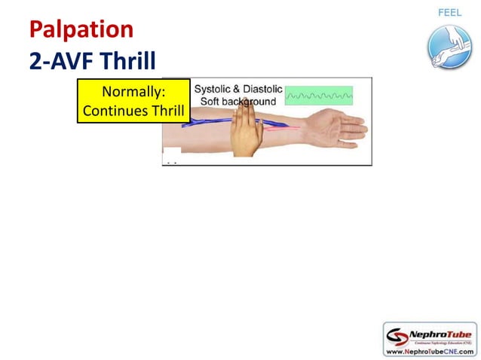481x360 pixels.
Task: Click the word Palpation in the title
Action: pos(81,29)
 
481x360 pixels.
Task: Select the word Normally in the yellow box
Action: pos(133,92)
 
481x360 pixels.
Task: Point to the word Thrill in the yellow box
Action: pos(166,110)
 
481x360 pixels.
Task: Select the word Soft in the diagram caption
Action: pos(212,101)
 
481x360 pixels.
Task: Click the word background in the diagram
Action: pos(251,101)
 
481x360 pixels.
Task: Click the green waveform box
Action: pos(319,96)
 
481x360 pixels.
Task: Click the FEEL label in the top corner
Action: pos(450,13)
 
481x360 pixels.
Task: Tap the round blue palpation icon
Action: pos(449,47)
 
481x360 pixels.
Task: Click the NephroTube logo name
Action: pos(442,331)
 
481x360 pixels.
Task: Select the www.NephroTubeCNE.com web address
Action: pos(429,351)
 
